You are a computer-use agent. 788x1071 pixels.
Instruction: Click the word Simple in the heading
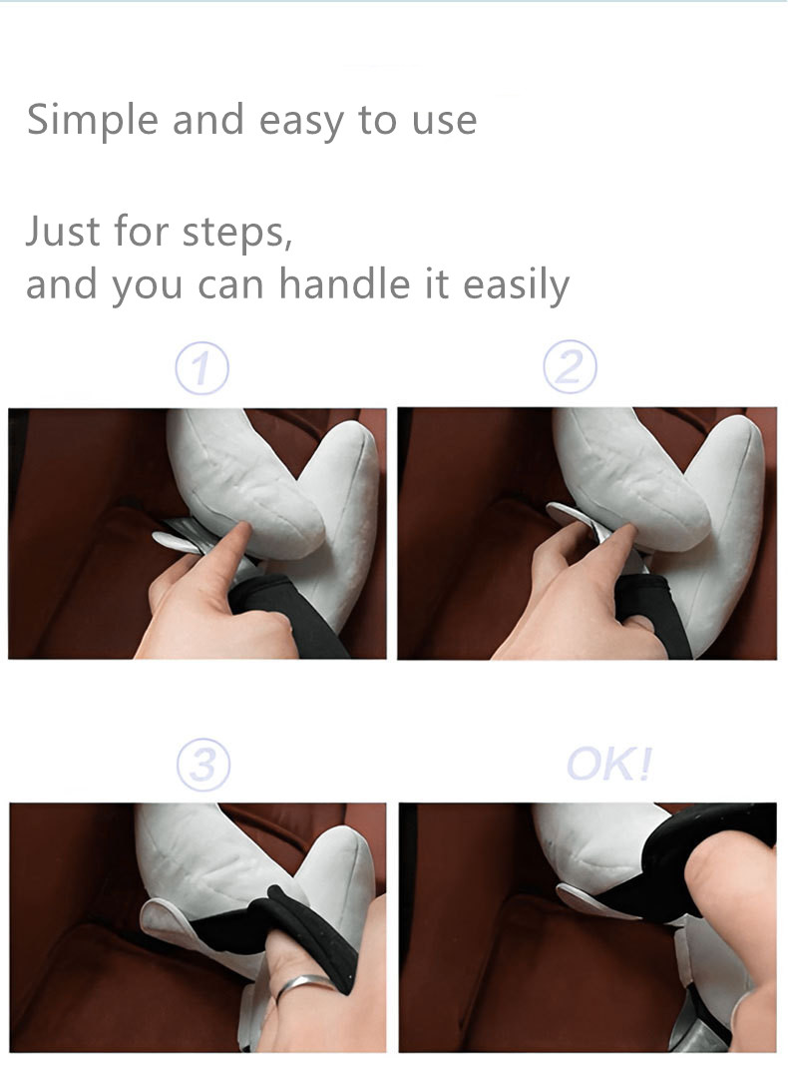pyautogui.click(x=92, y=120)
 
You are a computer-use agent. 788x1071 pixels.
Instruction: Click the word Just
pyautogui.click(x=64, y=232)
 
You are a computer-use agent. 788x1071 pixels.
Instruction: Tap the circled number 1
pyautogui.click(x=201, y=370)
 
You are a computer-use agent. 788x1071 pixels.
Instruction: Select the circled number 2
pyautogui.click(x=570, y=369)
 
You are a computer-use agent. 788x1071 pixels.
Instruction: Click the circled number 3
pyautogui.click(x=202, y=767)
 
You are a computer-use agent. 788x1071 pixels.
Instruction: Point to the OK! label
pyautogui.click(x=609, y=766)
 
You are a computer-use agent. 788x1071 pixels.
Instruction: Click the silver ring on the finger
pyautogui.click(x=303, y=986)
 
